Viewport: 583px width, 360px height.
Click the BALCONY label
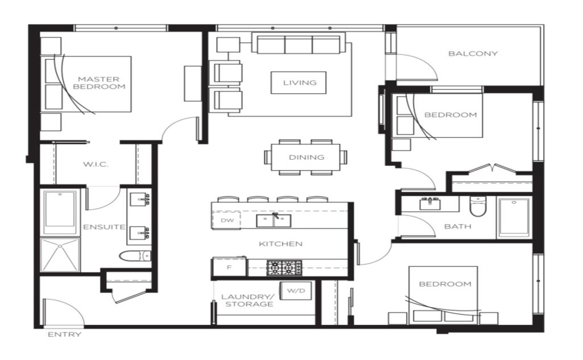[473, 53]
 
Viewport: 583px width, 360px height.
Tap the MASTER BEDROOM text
[99, 83]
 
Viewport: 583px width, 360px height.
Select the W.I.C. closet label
[95, 164]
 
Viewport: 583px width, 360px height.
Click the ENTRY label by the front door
[64, 335]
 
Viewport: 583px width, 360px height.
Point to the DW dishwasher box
[226, 220]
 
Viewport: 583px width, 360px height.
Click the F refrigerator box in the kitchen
[229, 267]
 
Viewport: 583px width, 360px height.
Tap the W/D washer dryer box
[296, 291]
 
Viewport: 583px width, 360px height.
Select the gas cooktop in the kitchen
[285, 267]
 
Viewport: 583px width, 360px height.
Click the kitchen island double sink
[274, 220]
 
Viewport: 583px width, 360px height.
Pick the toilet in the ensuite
[135, 256]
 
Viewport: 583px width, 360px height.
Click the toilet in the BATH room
[478, 206]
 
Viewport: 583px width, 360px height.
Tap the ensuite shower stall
[60, 255]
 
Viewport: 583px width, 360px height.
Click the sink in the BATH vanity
[430, 204]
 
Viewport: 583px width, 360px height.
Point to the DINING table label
[307, 157]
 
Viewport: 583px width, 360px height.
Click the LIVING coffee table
[299, 82]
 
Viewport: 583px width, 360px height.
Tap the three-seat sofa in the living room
[299, 43]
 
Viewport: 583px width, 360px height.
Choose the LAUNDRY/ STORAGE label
[249, 300]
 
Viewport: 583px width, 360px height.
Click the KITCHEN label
[281, 244]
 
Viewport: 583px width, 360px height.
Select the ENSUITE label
[104, 227]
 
